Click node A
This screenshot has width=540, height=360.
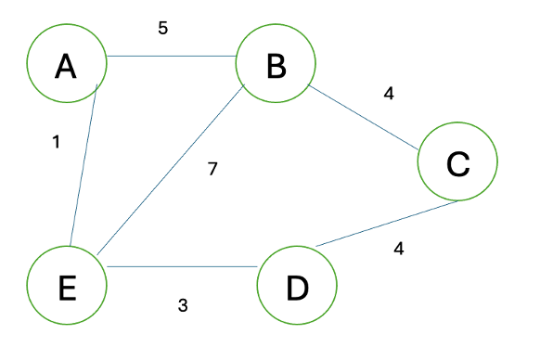65,65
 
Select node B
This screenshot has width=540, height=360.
276,65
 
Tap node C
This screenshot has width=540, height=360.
457,163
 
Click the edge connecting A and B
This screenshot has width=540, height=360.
171,58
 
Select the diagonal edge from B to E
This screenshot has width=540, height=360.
170,172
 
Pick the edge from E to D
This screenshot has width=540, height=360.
182,267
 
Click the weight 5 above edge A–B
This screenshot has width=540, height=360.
162,28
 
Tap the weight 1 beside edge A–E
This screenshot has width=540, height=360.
57,143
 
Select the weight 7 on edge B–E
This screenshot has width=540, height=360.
213,170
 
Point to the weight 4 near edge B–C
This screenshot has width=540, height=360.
388,94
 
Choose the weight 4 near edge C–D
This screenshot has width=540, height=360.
398,249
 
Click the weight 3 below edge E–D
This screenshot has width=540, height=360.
183,304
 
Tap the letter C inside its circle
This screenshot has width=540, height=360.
457,163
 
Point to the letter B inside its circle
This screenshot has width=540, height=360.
276,65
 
